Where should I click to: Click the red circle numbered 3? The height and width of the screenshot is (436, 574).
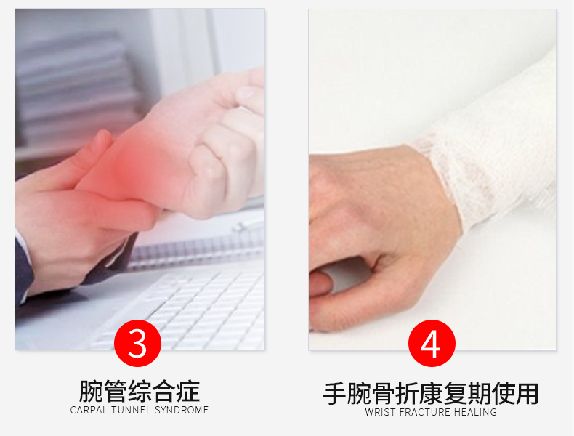[x=137, y=343]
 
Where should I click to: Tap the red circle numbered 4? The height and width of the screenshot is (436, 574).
[x=432, y=343]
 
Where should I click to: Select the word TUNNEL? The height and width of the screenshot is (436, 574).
[x=132, y=410]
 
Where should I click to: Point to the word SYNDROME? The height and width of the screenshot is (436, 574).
[x=182, y=410]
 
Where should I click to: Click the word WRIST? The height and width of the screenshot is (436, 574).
[x=381, y=412]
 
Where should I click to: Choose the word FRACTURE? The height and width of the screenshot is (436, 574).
[x=425, y=412]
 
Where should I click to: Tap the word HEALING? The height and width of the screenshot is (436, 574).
[x=475, y=412]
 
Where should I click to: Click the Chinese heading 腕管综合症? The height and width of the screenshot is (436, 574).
[x=140, y=391]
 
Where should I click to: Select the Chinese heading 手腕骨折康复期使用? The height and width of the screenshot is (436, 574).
[x=431, y=394]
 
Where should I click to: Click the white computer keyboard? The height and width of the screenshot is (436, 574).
[x=183, y=307]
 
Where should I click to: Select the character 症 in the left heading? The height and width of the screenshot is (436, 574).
[x=188, y=391]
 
